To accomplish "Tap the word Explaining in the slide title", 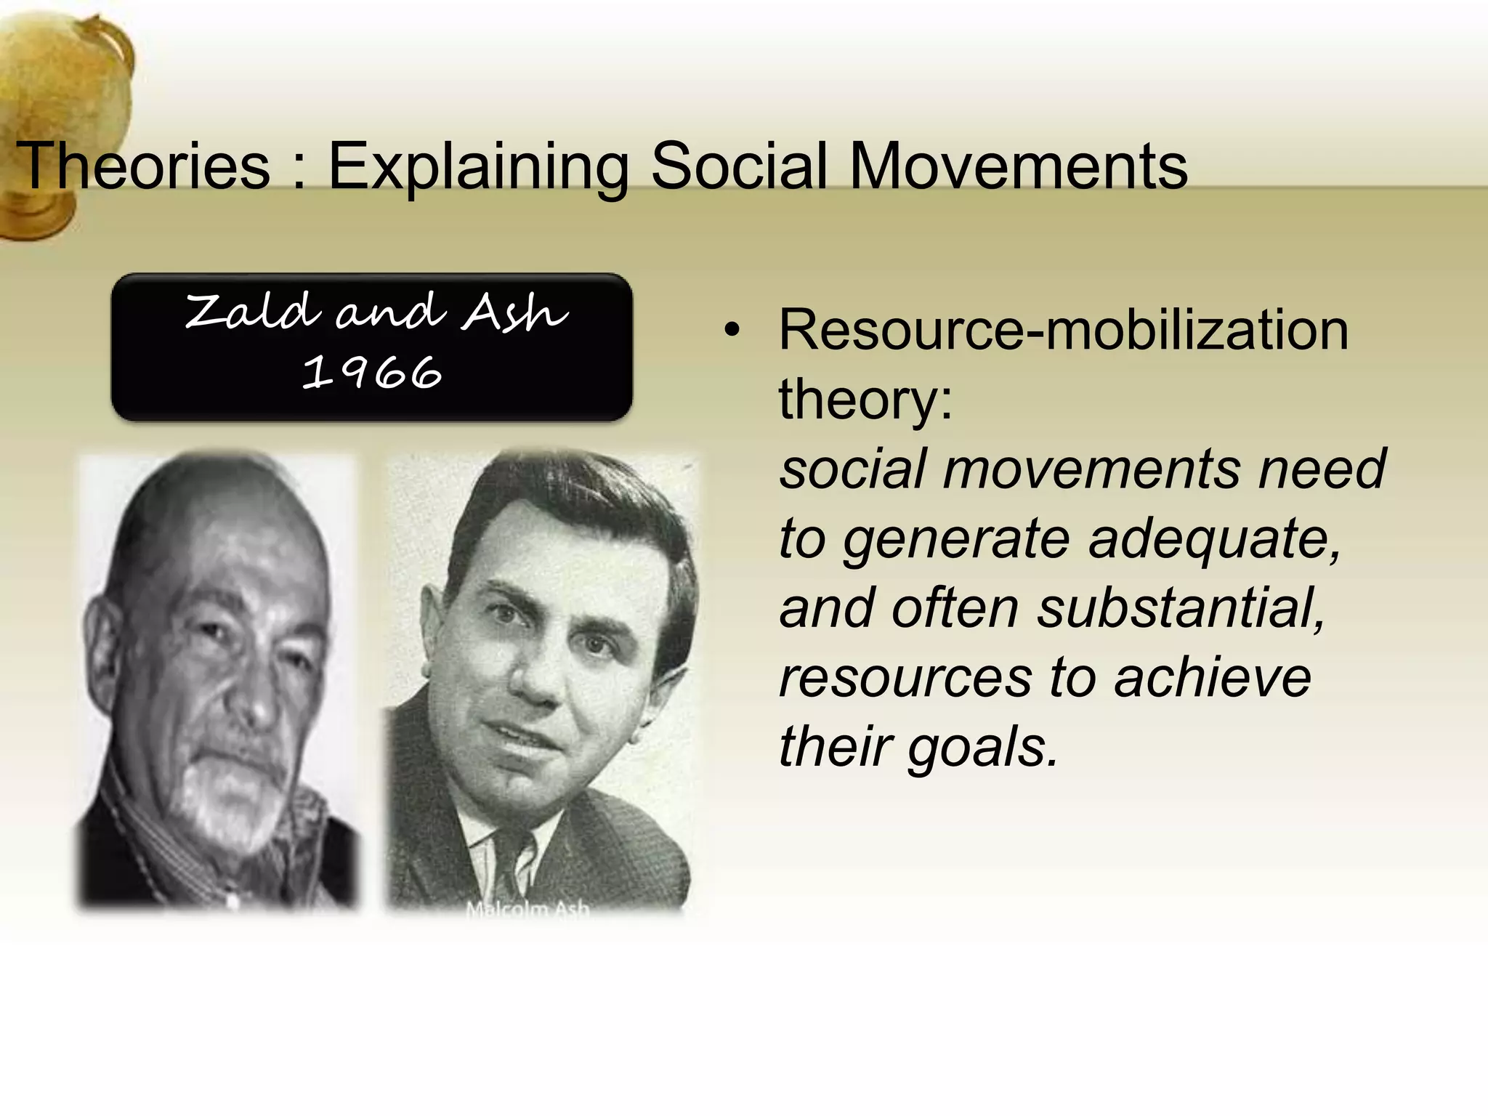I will coord(479,166).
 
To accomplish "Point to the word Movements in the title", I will coord(1018,166).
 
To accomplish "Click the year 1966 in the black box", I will coord(371,373).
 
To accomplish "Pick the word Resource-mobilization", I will coord(1063,331).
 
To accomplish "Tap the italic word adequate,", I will coord(1215,539).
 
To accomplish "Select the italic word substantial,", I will coord(1181,608).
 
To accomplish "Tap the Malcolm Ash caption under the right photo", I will coord(527,909).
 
